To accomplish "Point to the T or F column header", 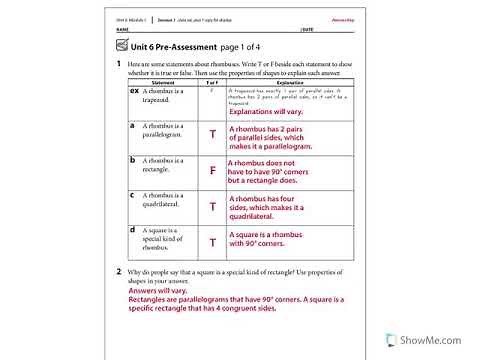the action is pos(212,84).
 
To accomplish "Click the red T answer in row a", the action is pos(212,134).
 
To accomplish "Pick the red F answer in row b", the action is pos(212,171).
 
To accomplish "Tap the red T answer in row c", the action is pos(212,206).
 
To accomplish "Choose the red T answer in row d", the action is pos(212,242).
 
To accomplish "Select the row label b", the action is pos(133,159).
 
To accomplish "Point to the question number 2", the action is pos(118,271).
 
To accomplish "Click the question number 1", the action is pos(118,64).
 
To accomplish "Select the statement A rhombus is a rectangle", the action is pos(161,164).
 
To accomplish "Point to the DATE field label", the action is pos(306,30).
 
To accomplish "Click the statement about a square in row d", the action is pos(161,238).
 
